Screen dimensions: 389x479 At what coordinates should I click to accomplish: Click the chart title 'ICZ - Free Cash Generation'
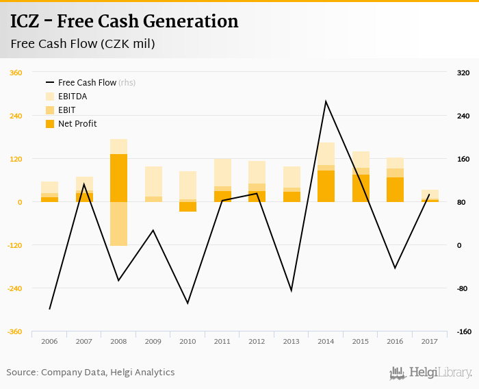(x=125, y=22)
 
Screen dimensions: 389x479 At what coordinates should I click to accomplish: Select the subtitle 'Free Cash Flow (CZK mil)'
(x=83, y=45)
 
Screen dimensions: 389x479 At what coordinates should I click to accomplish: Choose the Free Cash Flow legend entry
(x=87, y=83)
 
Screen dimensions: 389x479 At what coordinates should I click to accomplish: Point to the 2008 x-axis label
(x=118, y=341)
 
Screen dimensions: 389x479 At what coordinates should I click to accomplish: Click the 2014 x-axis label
(x=326, y=341)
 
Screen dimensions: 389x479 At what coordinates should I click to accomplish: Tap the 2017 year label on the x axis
(x=430, y=341)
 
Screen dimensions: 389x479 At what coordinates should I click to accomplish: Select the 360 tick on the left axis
(x=16, y=73)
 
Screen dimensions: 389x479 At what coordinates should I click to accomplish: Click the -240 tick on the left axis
(x=16, y=288)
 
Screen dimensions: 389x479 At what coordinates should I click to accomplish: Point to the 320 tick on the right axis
(x=463, y=73)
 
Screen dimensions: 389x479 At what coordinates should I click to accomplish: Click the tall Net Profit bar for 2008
(x=118, y=178)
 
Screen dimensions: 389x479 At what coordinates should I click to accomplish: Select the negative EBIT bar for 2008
(x=118, y=224)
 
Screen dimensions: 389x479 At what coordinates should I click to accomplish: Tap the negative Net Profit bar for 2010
(x=187, y=207)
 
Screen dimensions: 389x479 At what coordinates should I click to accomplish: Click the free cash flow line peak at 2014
(x=326, y=102)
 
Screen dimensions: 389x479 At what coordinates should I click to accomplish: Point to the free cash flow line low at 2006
(x=49, y=309)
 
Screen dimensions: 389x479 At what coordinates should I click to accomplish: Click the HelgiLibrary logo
(x=430, y=373)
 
